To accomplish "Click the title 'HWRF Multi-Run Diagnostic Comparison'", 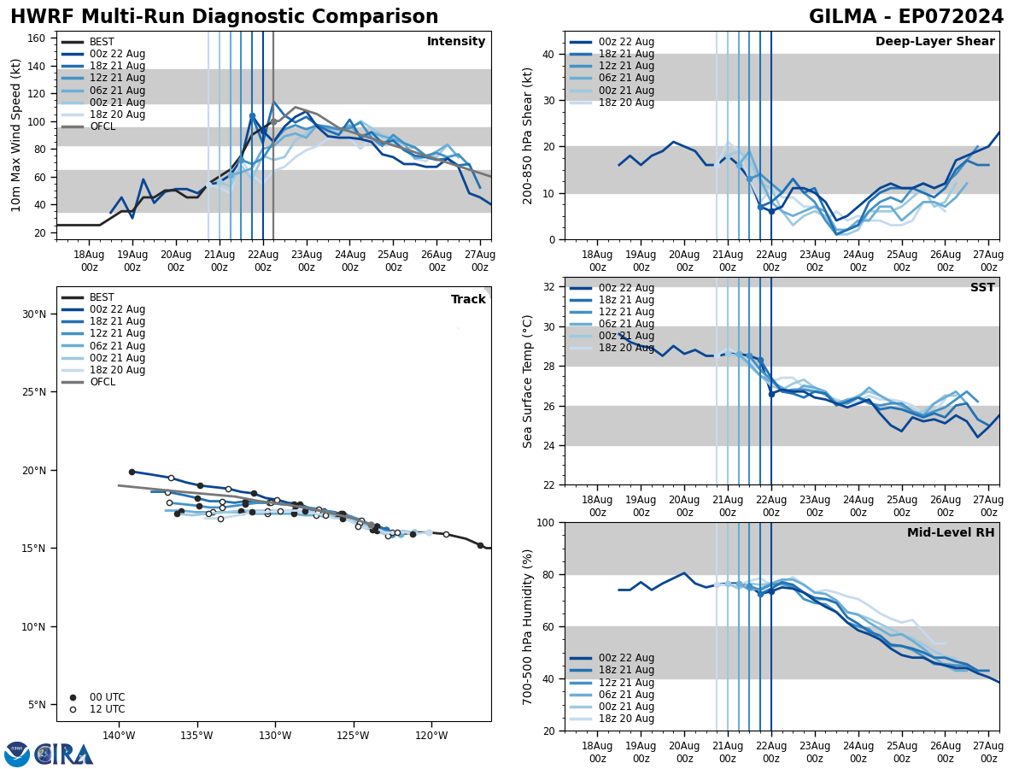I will (224, 17).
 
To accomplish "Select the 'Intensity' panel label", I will (456, 42).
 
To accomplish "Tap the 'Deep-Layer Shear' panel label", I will (934, 42).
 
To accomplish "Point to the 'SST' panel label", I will (982, 288).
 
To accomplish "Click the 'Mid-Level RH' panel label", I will (951, 533).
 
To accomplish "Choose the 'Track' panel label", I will (468, 300).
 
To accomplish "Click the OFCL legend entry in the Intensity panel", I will (102, 126).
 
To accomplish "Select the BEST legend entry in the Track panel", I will (102, 297).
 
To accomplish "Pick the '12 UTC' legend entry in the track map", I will (101, 709).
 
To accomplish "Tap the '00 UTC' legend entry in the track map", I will (101, 697).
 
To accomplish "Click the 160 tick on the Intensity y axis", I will (38, 38).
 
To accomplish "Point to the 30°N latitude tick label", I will (33, 314).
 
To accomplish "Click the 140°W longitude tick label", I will (118, 736).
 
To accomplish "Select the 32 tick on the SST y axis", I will (548, 287).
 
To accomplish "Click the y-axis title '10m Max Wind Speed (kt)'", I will (16, 135).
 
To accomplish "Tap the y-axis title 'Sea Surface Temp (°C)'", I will (528, 381).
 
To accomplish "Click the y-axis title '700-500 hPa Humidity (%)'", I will (528, 626).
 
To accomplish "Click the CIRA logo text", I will (63, 754).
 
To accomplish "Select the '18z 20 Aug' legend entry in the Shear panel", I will (627, 103).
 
